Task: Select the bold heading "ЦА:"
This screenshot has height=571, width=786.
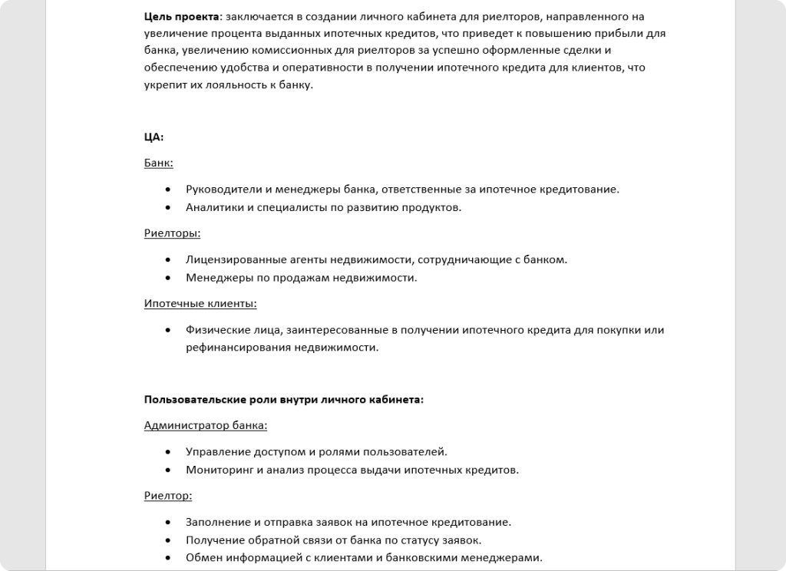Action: pos(154,137)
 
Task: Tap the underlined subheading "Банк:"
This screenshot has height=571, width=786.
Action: pos(159,163)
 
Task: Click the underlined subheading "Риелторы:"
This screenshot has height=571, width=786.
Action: pos(173,233)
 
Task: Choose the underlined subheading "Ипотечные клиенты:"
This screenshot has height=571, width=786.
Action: pos(200,304)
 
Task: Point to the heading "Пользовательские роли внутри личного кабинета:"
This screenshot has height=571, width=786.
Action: pos(284,400)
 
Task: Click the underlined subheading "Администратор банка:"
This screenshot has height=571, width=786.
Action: pos(206,425)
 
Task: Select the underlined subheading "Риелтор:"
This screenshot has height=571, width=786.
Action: pos(168,496)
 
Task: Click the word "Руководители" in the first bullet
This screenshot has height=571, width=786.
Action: pos(223,189)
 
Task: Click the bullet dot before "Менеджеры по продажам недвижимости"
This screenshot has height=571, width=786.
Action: pos(168,278)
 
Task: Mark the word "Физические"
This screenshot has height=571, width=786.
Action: pos(215,330)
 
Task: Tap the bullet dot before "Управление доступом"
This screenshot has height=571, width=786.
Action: pos(168,451)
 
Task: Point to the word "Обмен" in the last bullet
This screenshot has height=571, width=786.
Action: pos(203,557)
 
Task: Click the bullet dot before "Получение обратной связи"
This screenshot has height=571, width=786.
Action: pos(168,540)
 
